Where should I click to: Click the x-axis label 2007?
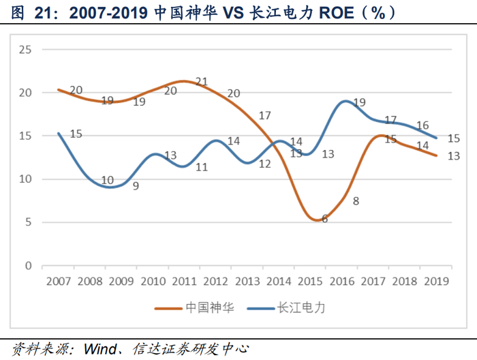[x=59, y=280]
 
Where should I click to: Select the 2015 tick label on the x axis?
[x=310, y=280]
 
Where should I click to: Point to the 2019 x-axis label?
[x=436, y=280]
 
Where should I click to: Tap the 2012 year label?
[x=216, y=280]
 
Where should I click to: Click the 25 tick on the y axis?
[x=27, y=49]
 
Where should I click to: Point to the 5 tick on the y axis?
[x=29, y=222]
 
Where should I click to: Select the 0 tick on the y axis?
[x=29, y=265]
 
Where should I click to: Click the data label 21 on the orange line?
[x=202, y=82]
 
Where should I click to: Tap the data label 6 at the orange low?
[x=324, y=219]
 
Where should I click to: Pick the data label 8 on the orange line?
[x=356, y=201]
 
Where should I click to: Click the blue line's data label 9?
[x=136, y=185]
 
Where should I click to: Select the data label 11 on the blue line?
[x=202, y=166]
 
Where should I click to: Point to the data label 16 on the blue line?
[x=422, y=125]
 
